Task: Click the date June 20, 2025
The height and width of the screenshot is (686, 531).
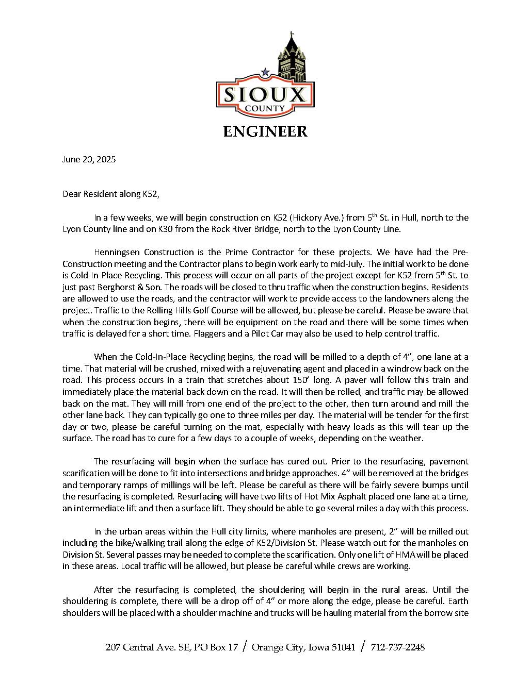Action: (x=89, y=159)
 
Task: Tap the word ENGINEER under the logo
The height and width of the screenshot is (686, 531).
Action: (x=265, y=131)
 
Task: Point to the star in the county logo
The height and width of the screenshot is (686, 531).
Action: (x=265, y=73)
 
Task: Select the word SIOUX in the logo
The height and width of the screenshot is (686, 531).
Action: (x=265, y=95)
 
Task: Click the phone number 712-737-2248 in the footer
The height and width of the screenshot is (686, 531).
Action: (x=398, y=647)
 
